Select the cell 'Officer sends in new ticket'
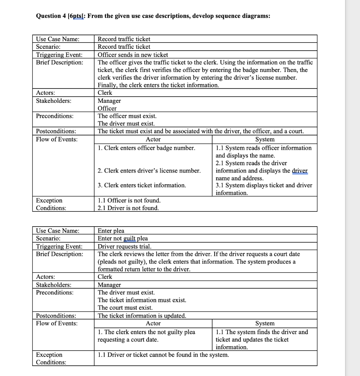[x=132, y=55]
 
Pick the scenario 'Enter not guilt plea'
[x=123, y=239]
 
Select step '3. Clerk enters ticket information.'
[x=142, y=185]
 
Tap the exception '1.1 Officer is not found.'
[x=129, y=200]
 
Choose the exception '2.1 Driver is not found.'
[x=128, y=208]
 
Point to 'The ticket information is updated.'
[x=142, y=316]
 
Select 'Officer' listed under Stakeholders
[x=107, y=108]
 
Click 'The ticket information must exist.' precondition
[x=142, y=300]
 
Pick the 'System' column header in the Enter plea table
[x=265, y=323]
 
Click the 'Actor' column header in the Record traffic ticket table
[x=153, y=140]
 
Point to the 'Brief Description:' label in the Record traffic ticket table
[x=59, y=62]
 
